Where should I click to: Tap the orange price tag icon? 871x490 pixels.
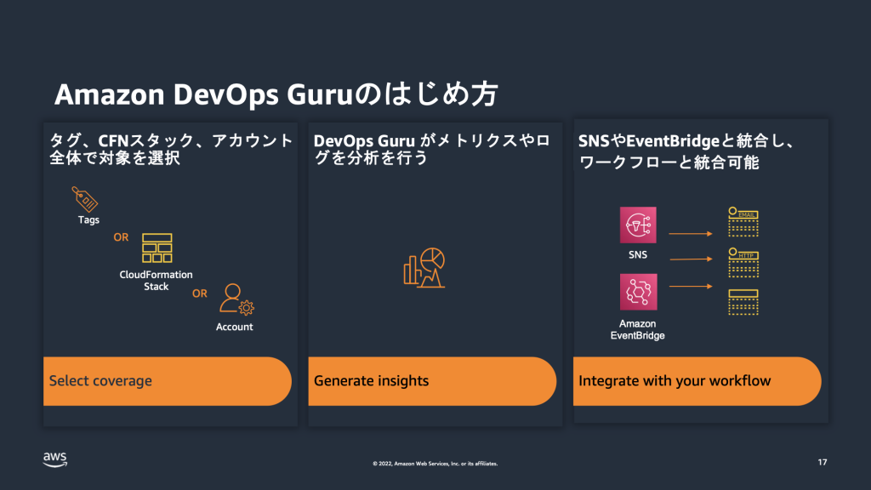point(85,198)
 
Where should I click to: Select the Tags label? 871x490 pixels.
point(88,220)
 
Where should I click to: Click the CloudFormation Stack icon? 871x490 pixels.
point(157,248)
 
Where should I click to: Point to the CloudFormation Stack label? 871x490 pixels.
point(157,281)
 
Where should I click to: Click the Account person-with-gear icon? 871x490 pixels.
point(236,299)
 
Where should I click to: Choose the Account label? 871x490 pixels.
point(235,327)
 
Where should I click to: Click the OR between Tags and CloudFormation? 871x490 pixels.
point(122,238)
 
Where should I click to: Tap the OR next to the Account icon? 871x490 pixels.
point(200,294)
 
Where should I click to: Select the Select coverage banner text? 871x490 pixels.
point(100,381)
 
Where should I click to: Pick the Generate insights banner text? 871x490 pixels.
point(371,381)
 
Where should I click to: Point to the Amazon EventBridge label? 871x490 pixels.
point(638,329)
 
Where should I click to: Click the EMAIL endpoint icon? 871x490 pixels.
point(743,221)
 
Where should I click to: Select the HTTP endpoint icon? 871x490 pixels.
point(743,263)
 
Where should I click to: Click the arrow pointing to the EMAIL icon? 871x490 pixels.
point(690,232)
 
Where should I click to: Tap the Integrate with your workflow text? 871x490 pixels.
point(675,381)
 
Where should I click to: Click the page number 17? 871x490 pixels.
point(822,462)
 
